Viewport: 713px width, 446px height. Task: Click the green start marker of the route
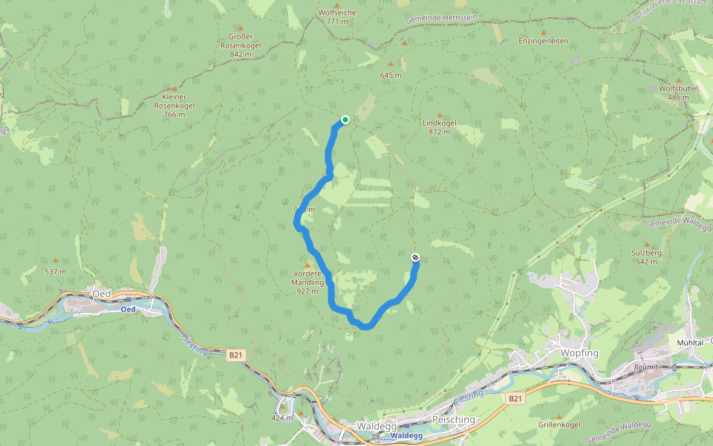point(345,119)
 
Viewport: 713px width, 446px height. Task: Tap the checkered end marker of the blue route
point(415,257)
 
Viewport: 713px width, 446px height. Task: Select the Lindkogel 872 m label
point(439,126)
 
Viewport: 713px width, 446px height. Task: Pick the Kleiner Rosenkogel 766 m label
point(174,105)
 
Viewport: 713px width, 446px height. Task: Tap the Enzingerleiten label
point(544,41)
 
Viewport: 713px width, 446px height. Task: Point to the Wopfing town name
point(579,353)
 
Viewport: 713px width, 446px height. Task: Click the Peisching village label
point(452,420)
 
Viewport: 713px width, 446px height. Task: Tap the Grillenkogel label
point(559,425)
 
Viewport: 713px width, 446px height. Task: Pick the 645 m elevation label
point(391,75)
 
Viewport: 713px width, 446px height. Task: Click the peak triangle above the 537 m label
point(55,261)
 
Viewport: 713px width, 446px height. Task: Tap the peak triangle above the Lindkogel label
point(439,114)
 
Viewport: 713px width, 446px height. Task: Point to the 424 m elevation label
point(282,418)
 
